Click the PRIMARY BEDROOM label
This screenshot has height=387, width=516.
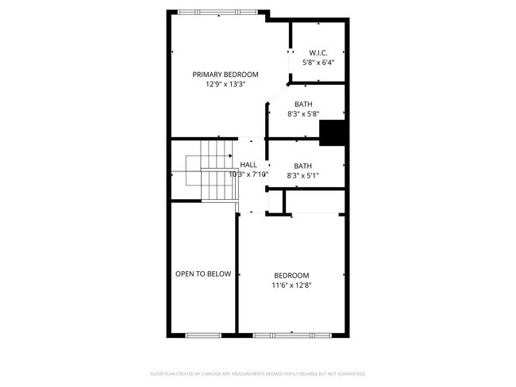click(225, 74)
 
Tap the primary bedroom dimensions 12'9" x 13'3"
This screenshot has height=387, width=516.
click(225, 83)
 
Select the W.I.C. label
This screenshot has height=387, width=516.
click(318, 52)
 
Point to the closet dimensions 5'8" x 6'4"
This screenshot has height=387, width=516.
click(318, 62)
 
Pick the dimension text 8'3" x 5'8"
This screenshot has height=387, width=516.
click(302, 114)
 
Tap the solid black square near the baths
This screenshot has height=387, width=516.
click(333, 133)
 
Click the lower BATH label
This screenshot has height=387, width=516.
click(302, 166)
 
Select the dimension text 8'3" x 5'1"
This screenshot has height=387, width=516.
click(302, 175)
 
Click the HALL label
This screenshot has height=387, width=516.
click(248, 164)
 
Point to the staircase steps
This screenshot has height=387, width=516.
click(213, 171)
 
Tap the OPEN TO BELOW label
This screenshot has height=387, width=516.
click(203, 274)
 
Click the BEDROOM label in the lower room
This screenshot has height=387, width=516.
click(291, 275)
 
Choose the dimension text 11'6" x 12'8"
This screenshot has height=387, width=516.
click(291, 285)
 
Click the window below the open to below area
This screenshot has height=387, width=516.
click(203, 334)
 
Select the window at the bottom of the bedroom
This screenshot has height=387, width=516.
click(291, 334)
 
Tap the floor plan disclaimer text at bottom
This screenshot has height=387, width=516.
click(258, 374)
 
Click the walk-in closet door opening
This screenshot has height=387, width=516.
click(291, 63)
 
